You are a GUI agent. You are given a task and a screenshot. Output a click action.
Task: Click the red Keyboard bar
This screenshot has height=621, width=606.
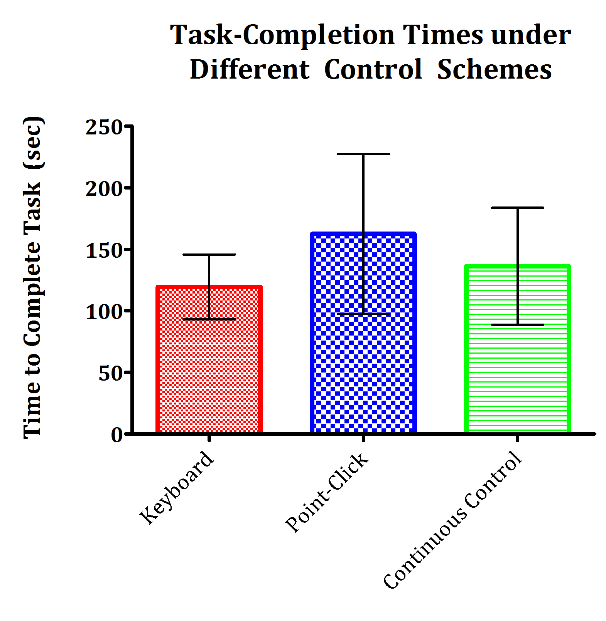pos(209,370)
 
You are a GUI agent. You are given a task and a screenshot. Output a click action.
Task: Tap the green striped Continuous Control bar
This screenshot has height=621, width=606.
pos(517,370)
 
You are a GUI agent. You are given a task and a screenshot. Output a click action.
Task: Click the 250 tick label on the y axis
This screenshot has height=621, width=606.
pos(104,127)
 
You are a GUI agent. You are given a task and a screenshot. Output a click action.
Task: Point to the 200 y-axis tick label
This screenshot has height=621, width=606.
pos(104,189)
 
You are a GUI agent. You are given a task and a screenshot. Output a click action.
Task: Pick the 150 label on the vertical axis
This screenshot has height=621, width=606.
pos(104,250)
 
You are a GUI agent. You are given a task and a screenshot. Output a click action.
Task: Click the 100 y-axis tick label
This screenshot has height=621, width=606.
pos(104,311)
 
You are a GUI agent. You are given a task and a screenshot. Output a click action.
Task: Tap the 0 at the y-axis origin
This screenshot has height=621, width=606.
pos(116,435)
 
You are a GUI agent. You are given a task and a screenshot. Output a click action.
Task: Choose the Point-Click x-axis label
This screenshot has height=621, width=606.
pos(327,492)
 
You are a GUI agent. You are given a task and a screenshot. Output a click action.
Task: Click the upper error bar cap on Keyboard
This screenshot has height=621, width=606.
pos(209,255)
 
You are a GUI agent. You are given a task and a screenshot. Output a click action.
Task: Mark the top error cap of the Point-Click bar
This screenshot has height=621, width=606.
pos(363,154)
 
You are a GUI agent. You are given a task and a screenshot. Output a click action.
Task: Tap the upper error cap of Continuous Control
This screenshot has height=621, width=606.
pos(517,208)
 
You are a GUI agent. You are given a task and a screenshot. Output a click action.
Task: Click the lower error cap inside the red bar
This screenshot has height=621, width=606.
pos(209,319)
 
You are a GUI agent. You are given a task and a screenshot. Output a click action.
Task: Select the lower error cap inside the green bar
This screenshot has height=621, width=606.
pos(517,325)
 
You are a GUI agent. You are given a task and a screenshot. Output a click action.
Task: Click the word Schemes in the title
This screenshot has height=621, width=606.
pos(495,70)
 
